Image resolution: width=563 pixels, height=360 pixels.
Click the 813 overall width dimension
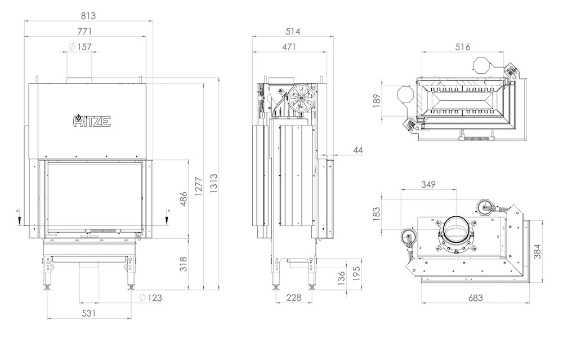click(88, 16)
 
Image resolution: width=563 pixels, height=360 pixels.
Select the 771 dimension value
click(85, 31)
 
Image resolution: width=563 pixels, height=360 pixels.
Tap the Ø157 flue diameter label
click(80, 47)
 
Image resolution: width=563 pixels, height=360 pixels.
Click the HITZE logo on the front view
click(92, 121)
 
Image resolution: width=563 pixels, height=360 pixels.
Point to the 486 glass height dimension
click(184, 199)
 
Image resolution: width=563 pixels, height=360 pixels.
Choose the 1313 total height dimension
click(214, 184)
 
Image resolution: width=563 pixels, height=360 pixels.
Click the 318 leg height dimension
click(184, 264)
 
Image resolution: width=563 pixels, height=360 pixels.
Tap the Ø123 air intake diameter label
click(150, 297)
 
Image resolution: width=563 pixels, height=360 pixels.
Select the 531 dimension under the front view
click(89, 313)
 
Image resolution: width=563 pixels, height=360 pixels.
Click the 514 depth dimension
click(293, 31)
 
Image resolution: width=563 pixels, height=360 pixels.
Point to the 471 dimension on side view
click(289, 47)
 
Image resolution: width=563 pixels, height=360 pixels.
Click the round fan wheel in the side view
click(302, 97)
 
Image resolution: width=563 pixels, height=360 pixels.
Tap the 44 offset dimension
click(358, 150)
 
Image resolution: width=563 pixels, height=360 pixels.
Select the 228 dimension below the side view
click(294, 297)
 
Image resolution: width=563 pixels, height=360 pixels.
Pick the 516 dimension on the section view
click(462, 47)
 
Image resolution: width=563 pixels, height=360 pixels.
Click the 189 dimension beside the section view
click(377, 101)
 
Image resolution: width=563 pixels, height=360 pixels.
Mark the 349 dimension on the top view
click(428, 184)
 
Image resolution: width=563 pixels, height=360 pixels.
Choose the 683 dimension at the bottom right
click(475, 297)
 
